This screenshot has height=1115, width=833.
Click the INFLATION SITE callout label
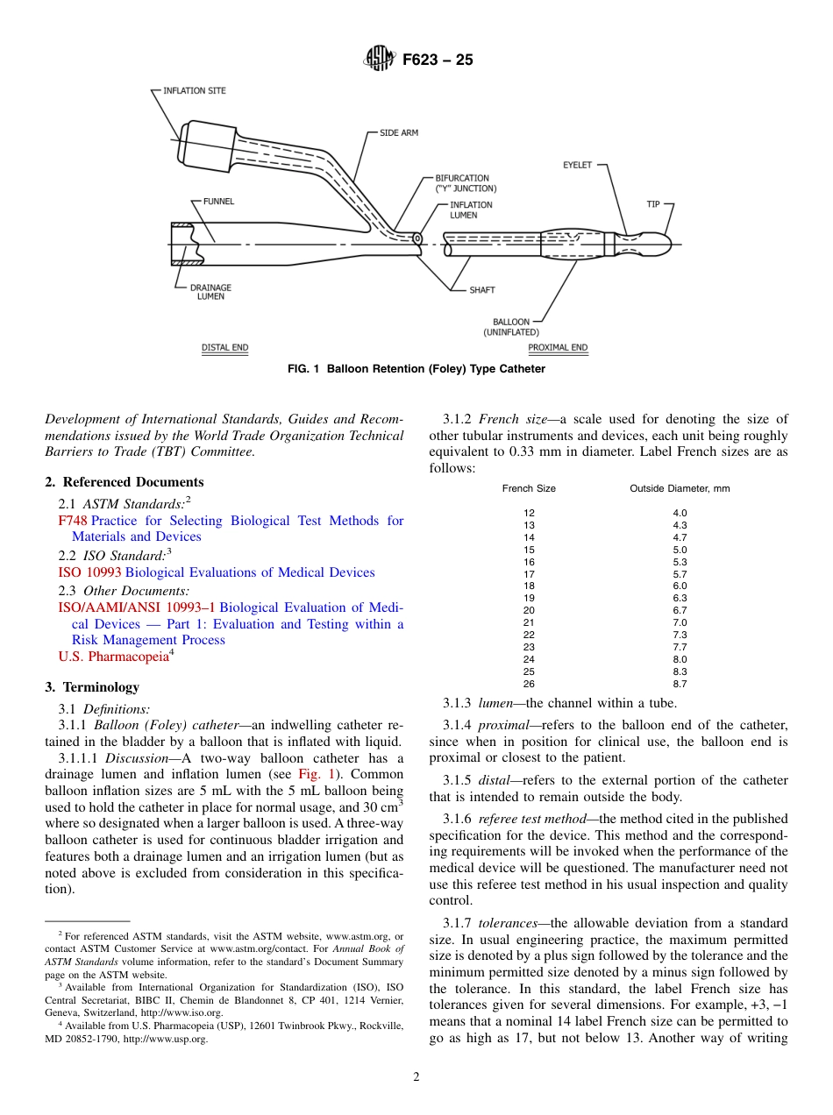[195, 90]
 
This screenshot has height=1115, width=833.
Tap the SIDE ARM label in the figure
[399, 132]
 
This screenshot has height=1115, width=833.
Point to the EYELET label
[577, 165]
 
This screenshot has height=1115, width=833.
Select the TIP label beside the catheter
[653, 204]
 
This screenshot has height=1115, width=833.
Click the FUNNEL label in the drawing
[218, 201]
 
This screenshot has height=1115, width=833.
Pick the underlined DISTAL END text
[225, 348]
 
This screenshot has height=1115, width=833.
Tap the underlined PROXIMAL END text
[558, 348]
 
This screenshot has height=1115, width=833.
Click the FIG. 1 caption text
[416, 369]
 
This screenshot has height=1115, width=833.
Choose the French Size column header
[529, 488]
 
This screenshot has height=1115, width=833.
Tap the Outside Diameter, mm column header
[680, 488]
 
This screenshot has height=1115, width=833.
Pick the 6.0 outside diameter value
[680, 586]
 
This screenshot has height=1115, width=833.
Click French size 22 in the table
[529, 635]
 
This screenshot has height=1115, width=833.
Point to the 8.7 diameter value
[680, 683]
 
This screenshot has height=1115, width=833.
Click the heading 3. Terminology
[92, 687]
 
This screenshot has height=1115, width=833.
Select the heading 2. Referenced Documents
[124, 482]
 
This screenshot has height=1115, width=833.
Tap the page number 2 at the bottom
[416, 1077]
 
